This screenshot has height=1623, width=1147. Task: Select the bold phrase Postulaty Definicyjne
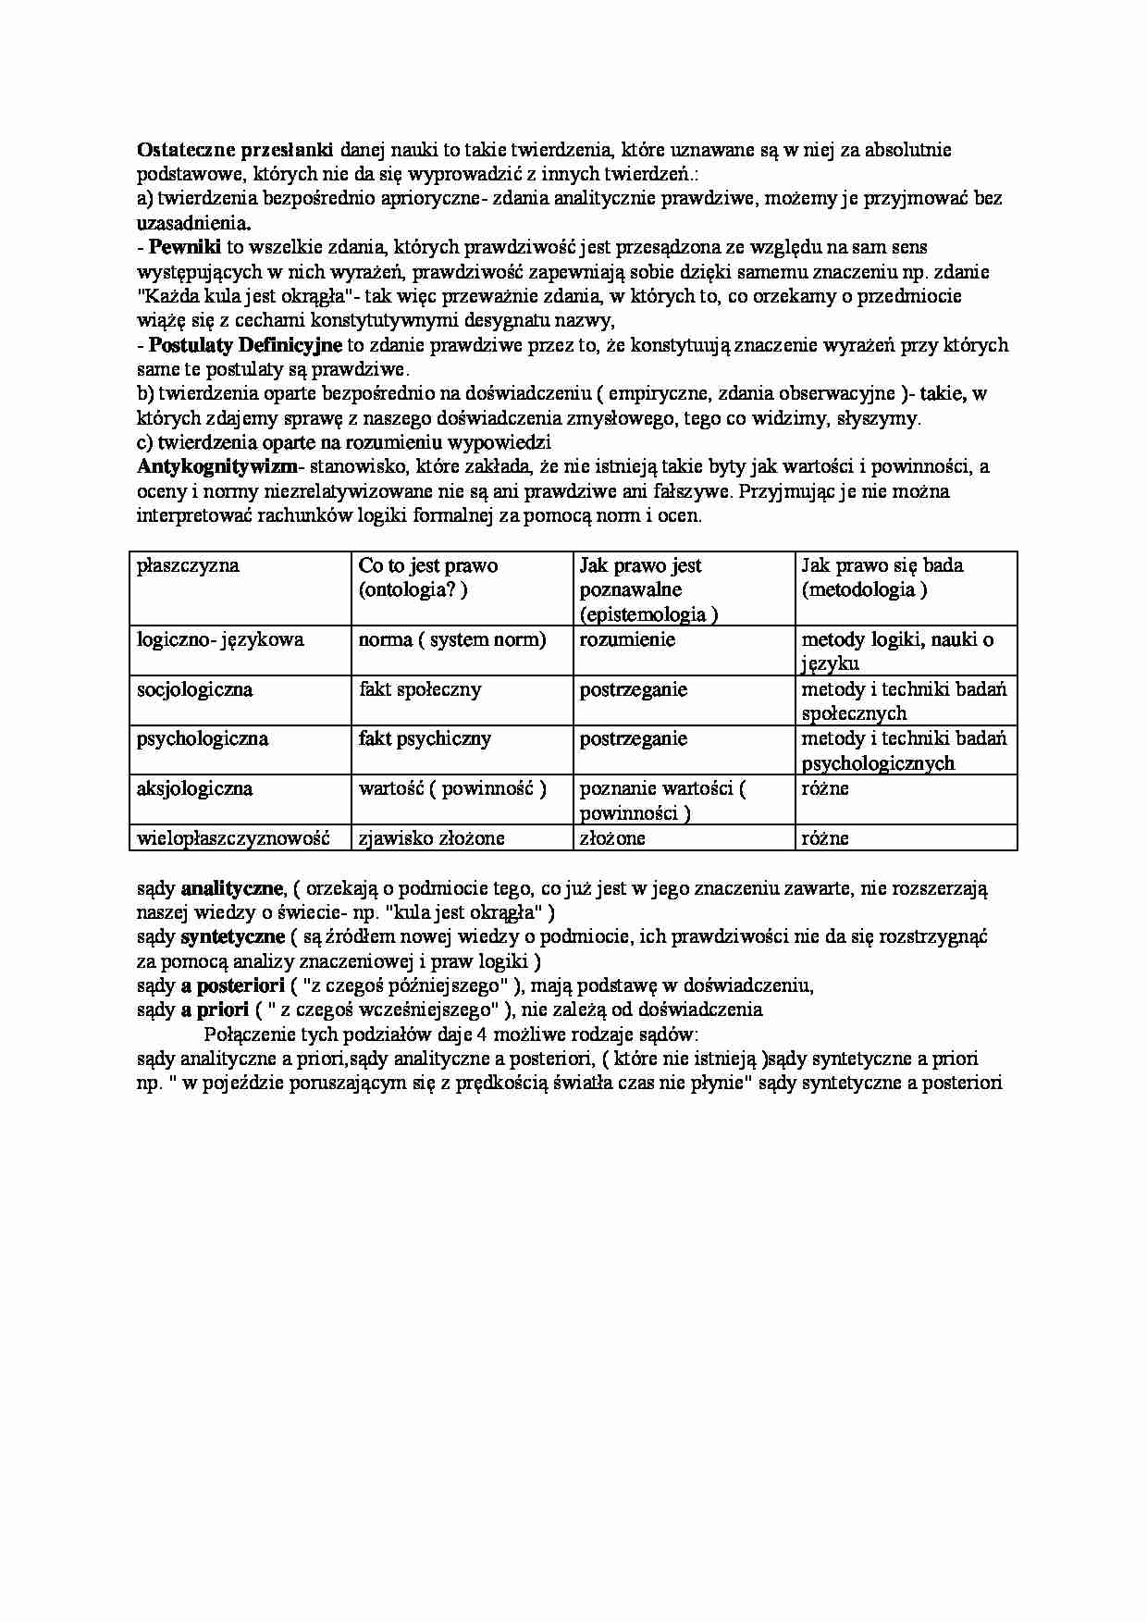click(x=245, y=345)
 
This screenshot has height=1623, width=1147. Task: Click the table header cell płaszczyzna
click(x=188, y=565)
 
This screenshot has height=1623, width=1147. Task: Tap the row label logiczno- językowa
click(x=220, y=639)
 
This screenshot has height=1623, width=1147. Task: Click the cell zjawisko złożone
click(x=431, y=838)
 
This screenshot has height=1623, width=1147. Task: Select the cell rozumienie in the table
click(x=627, y=639)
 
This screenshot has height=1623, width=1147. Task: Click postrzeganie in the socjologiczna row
click(x=634, y=689)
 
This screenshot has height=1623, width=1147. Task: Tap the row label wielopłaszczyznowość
click(x=233, y=838)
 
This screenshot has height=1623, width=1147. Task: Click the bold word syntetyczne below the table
click(x=232, y=936)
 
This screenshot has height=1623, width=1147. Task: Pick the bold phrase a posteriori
click(x=232, y=985)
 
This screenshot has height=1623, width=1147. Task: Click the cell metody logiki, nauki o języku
click(x=897, y=650)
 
